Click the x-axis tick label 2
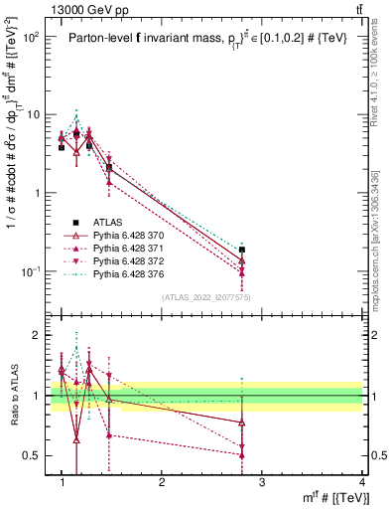(162, 482)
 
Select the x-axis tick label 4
(361, 482)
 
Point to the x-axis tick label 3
(262, 482)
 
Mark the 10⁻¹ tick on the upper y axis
(32, 271)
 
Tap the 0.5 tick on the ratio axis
(34, 455)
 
